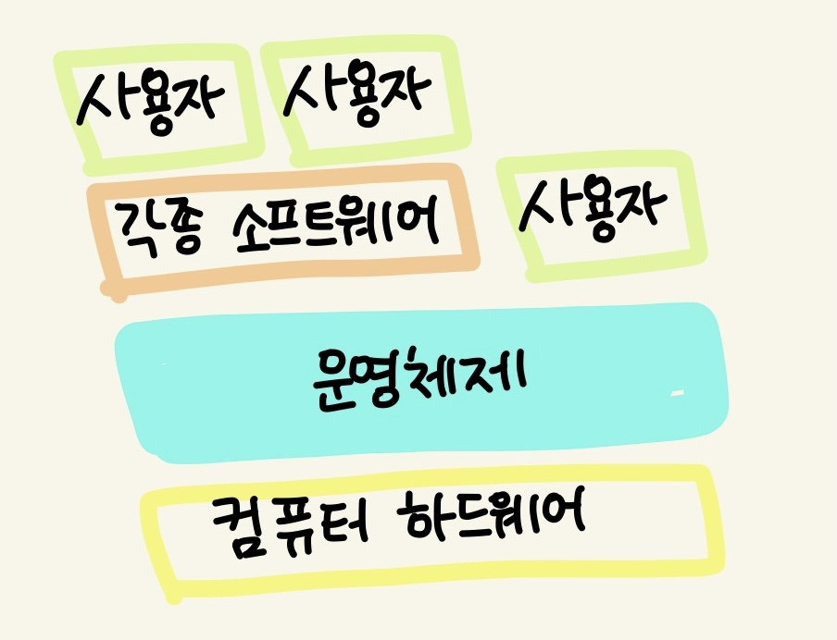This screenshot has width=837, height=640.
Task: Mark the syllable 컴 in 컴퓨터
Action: coord(236,524)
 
